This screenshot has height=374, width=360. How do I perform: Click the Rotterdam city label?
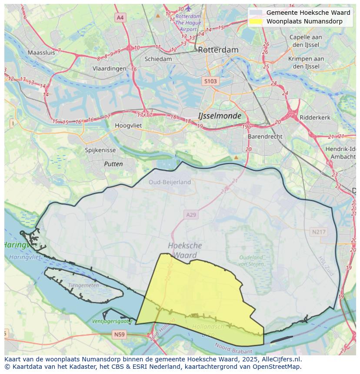pos(218,50)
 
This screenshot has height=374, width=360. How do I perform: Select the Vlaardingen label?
pos(109,69)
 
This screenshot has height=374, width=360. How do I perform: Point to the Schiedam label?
pos(158,59)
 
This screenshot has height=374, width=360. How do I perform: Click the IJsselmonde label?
pos(220,116)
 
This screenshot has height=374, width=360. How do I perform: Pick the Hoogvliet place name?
pos(128,125)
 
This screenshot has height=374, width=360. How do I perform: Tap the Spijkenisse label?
pos(100,150)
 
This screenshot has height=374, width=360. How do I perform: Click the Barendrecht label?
pos(265,136)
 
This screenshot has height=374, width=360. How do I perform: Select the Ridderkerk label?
pos(315,117)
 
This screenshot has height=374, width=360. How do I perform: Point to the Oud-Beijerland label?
pos(170,182)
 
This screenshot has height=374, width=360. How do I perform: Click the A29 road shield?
pos(191,215)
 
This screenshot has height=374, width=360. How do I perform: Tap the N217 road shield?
pos(318,232)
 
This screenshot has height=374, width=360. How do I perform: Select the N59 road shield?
pos(119,334)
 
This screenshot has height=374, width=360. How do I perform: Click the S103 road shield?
pos(210,81)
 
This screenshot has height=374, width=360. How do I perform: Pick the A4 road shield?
pos(120,17)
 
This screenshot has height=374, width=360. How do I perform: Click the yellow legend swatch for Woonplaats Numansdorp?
pos(256,21)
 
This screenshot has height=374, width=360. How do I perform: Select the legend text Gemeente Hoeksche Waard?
pos(308,13)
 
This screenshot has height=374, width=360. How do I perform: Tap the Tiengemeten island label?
pos(84,285)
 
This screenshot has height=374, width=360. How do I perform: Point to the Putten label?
pos(113,164)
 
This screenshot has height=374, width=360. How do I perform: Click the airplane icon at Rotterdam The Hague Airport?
pos(188,8)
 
